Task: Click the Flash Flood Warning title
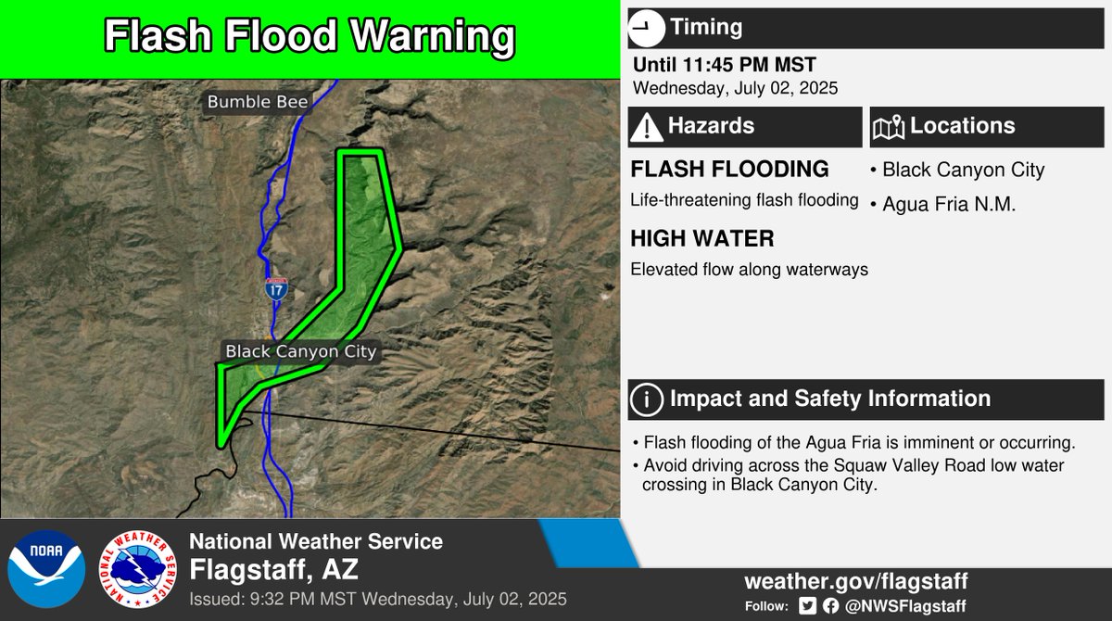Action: (x=309, y=36)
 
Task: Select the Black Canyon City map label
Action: (x=301, y=352)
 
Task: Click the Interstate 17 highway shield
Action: (x=275, y=288)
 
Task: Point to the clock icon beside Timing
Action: (x=646, y=28)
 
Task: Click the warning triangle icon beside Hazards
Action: (x=646, y=127)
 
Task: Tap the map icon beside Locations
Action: (x=889, y=127)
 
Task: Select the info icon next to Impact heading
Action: (x=646, y=399)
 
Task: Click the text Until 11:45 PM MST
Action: (x=724, y=66)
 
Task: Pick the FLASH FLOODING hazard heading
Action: (x=729, y=170)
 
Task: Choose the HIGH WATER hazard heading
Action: (x=701, y=239)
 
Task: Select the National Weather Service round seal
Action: (x=138, y=567)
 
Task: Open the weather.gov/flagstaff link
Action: (x=855, y=582)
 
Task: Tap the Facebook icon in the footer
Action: (x=829, y=606)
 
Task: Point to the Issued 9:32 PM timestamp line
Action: (x=378, y=598)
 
